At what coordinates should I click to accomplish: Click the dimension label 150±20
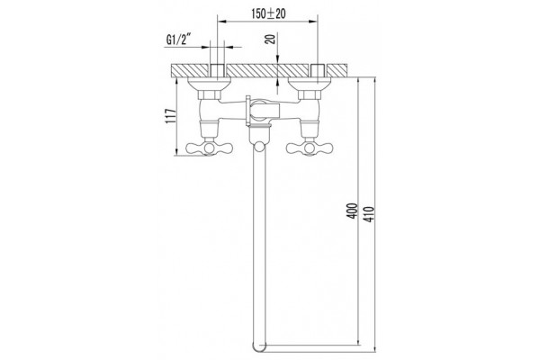(268, 13)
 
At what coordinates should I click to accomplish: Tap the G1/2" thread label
(178, 40)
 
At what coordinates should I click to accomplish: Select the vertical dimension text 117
(171, 116)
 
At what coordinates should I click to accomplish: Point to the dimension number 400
(353, 211)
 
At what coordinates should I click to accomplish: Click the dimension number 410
(368, 214)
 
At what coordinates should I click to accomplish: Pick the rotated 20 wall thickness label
(272, 39)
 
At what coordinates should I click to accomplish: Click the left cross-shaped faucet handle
(209, 148)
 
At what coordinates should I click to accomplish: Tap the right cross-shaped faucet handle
(310, 148)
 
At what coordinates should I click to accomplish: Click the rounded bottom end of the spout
(259, 347)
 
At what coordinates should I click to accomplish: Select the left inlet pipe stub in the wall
(217, 72)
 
